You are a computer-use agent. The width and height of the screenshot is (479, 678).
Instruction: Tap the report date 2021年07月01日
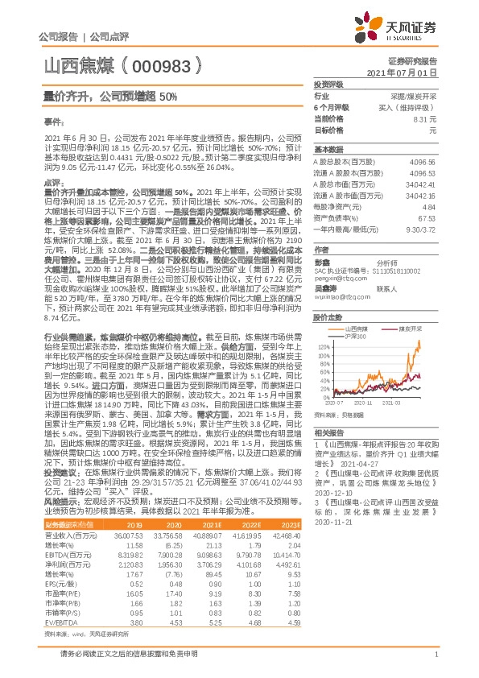(412, 72)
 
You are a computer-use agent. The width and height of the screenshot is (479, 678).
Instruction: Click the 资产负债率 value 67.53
(426, 217)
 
